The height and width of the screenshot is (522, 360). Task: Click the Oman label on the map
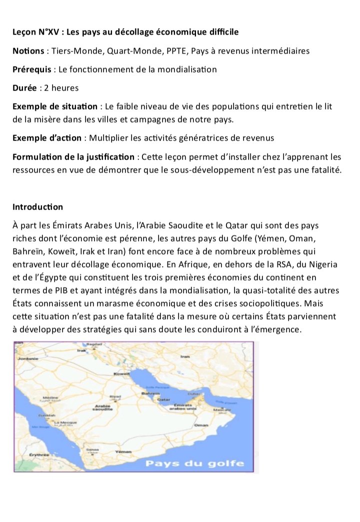click(201, 424)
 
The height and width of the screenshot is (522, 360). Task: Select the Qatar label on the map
click(163, 400)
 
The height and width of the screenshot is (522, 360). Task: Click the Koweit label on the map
click(122, 373)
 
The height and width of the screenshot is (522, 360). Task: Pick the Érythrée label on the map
click(38, 455)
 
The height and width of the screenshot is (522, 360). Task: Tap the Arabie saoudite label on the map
click(102, 407)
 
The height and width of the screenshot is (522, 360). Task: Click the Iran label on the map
click(185, 356)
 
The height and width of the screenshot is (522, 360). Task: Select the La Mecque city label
click(64, 422)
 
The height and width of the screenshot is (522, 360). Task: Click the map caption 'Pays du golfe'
click(194, 463)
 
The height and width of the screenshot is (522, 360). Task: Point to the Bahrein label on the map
click(149, 393)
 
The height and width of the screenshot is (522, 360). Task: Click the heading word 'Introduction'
click(38, 206)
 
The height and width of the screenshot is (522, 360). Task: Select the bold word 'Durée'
click(24, 87)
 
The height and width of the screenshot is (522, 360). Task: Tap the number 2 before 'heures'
click(46, 87)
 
